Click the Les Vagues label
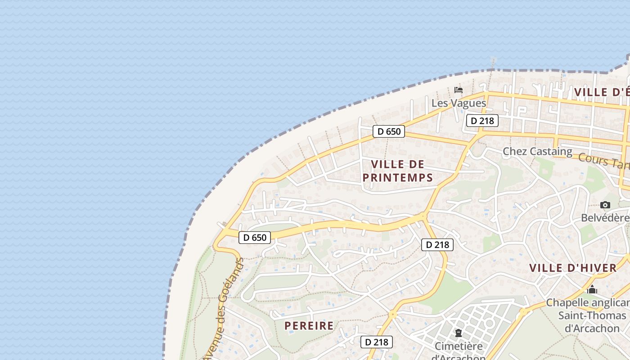point(459,103)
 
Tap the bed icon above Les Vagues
point(459,90)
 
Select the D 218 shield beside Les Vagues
point(482,121)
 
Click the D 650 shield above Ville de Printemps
point(389,131)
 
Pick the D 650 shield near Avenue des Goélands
point(255,237)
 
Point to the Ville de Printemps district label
point(398,171)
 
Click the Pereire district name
point(309,325)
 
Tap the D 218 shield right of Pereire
point(377,342)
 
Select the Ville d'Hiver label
point(573,268)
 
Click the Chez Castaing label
point(537,151)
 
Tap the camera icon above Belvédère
point(605,205)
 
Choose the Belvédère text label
point(605,218)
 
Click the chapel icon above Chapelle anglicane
point(592,289)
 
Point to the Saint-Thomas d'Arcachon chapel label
point(592,315)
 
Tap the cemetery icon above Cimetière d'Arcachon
point(458,333)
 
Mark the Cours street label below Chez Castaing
point(603,160)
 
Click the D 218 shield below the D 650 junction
point(437,245)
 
